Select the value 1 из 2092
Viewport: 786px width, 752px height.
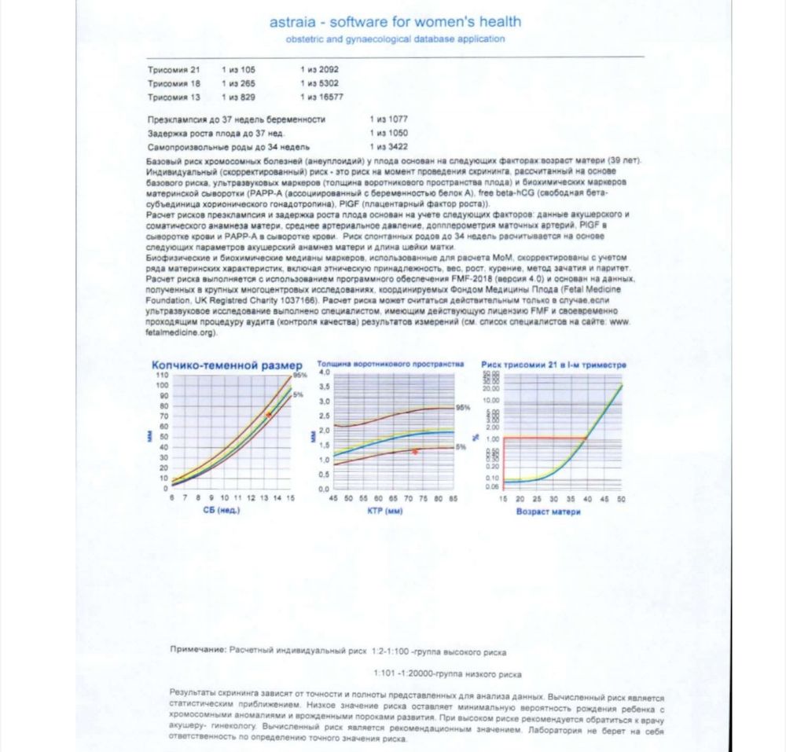pyautogui.click(x=319, y=70)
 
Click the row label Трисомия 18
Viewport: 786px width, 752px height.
pyautogui.click(x=174, y=83)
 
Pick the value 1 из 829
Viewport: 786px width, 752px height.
pyautogui.click(x=238, y=97)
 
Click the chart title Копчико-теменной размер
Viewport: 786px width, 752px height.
pyautogui.click(x=226, y=365)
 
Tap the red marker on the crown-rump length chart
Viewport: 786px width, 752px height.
pyautogui.click(x=268, y=414)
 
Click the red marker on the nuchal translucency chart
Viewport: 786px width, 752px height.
pyautogui.click(x=415, y=452)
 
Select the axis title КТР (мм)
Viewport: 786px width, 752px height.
pyautogui.click(x=384, y=511)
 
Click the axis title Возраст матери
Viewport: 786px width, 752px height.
pyautogui.click(x=549, y=512)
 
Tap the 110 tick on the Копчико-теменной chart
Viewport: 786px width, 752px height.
pyautogui.click(x=162, y=376)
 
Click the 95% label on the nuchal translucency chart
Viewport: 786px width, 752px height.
pyautogui.click(x=463, y=408)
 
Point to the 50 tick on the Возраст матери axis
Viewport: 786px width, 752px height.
pyautogui.click(x=621, y=499)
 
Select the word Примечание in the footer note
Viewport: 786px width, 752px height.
pyautogui.click(x=197, y=651)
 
